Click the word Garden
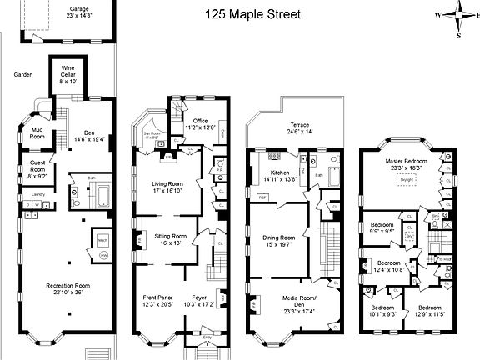point(23,74)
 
